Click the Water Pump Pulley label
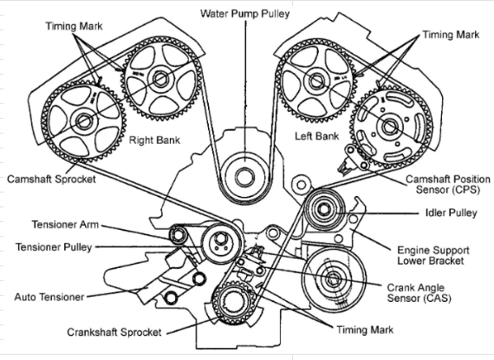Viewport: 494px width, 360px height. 244,14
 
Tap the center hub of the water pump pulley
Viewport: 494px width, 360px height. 244,177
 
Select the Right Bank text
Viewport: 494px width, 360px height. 154,140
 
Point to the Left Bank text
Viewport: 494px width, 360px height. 316,136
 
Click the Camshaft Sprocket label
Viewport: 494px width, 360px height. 51,179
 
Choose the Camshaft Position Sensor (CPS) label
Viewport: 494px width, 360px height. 448,185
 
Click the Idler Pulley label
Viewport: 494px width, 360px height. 452,213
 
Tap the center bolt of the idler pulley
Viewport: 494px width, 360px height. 323,209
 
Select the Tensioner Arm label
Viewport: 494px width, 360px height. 65,225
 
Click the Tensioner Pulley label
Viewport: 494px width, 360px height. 54,247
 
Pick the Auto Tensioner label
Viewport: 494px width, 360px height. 49,297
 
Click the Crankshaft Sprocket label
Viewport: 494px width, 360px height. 114,332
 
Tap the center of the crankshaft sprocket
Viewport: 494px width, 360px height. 233,303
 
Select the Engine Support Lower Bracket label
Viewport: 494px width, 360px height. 433,256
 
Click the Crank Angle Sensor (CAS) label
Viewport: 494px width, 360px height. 419,293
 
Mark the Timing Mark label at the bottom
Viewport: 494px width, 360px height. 365,330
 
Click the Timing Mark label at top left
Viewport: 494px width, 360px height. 74,26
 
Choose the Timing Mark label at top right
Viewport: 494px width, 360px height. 451,35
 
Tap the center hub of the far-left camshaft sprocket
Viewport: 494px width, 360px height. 84,121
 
